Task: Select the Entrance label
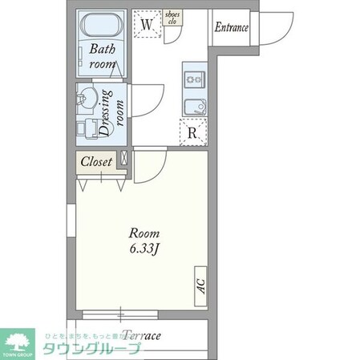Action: tap(231, 27)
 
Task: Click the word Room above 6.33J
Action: tap(146, 233)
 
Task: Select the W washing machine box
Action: tap(147, 24)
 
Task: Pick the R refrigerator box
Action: tap(194, 131)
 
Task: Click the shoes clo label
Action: tap(172, 18)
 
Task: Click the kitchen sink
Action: tap(194, 106)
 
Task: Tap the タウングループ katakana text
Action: tap(91, 349)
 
